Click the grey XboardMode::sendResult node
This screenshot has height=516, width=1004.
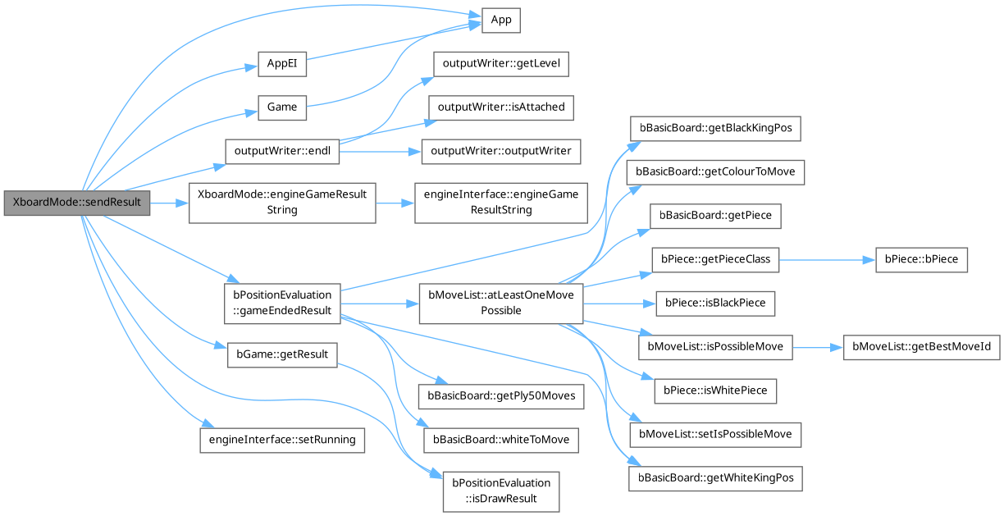pyautogui.click(x=77, y=202)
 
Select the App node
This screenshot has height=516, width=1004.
pyautogui.click(x=501, y=21)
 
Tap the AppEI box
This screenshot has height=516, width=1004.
pyautogui.click(x=281, y=64)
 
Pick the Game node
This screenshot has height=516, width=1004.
pyautogui.click(x=281, y=107)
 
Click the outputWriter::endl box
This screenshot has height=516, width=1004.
pyautogui.click(x=281, y=151)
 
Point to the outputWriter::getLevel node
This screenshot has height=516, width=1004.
pyautogui.click(x=500, y=63)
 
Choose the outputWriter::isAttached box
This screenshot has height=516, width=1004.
pyautogui.click(x=501, y=107)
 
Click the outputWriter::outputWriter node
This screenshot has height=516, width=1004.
pyautogui.click(x=501, y=151)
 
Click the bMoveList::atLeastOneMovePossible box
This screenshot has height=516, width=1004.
pyautogui.click(x=500, y=303)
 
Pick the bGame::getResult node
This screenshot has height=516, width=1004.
pyautogui.click(x=281, y=354)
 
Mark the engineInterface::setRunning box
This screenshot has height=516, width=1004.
pyautogui.click(x=281, y=439)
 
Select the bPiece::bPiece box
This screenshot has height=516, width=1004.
pyautogui.click(x=921, y=259)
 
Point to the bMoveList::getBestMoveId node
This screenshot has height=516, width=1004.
pyautogui.click(x=921, y=346)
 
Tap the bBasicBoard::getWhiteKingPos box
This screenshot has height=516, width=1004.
pyautogui.click(x=715, y=477)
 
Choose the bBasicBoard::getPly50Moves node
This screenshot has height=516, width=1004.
pyautogui.click(x=500, y=395)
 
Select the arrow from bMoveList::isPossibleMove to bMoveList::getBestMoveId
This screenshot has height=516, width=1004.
pyautogui.click(x=817, y=346)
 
